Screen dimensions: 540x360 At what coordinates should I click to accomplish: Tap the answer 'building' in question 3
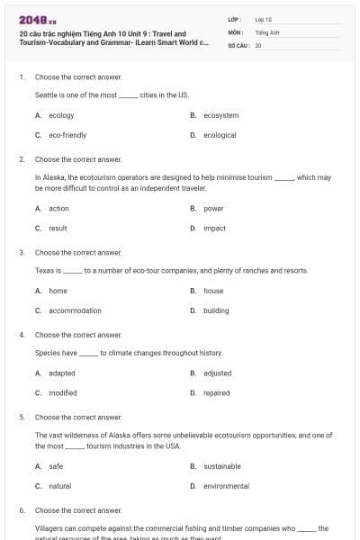pos(216,310)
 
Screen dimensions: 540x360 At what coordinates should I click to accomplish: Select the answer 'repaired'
pos(217,393)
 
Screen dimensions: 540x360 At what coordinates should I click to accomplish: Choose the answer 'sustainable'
pos(222,466)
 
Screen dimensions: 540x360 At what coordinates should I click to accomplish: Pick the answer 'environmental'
pos(226,486)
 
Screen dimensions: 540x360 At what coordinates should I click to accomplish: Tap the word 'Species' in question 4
pos(47,353)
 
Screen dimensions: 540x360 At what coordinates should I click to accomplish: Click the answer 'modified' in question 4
pos(63,393)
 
